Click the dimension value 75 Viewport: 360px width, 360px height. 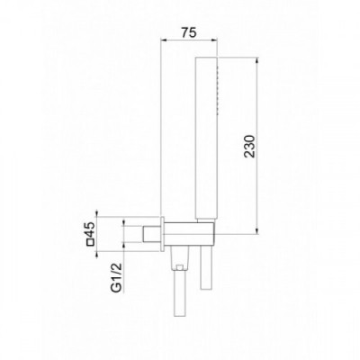tap(189, 32)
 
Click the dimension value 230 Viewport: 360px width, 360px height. tap(249, 147)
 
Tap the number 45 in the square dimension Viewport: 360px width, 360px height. tap(91, 229)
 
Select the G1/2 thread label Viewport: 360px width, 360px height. tap(116, 277)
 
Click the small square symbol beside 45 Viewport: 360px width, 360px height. tap(91, 242)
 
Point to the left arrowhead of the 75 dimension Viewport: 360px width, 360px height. tap(164, 40)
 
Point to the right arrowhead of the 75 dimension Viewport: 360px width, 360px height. tap(213, 40)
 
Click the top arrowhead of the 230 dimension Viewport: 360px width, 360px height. tap(257, 60)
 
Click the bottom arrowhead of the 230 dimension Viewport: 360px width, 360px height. tap(257, 230)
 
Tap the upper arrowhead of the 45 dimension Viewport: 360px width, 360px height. tap(97, 213)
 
